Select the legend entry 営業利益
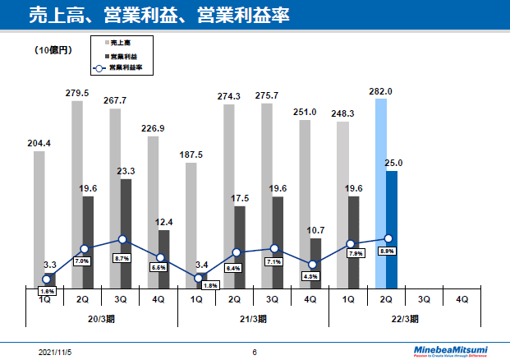click(x=123, y=55)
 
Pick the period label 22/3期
click(x=404, y=318)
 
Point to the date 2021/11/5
click(x=55, y=352)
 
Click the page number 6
click(x=255, y=352)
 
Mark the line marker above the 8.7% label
click(x=122, y=240)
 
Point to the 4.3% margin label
click(x=311, y=276)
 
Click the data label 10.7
click(x=315, y=228)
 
